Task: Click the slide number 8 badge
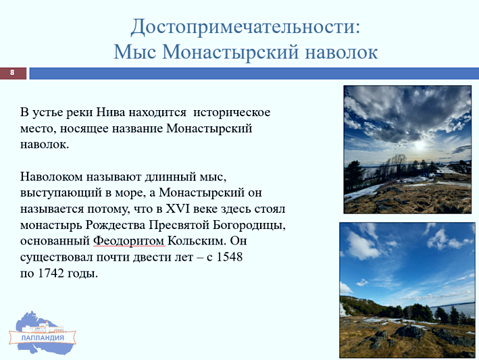click(x=13, y=73)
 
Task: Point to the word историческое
click(x=232, y=113)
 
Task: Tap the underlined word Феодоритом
click(x=129, y=241)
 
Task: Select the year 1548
click(x=230, y=257)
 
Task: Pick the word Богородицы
click(x=249, y=226)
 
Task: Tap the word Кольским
click(x=197, y=241)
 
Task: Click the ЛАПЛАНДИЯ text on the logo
click(x=43, y=338)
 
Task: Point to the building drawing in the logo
click(x=45, y=328)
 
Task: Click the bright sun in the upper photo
click(x=420, y=145)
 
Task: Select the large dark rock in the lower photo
click(x=409, y=332)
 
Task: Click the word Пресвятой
click(x=179, y=226)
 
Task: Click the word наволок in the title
click(x=342, y=52)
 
